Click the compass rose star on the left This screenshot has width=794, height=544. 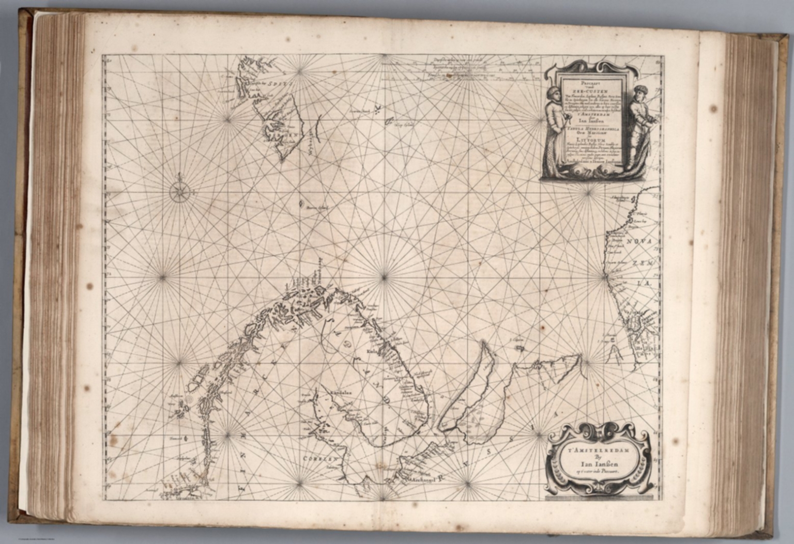(x=179, y=192)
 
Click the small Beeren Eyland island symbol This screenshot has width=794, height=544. (x=301, y=204)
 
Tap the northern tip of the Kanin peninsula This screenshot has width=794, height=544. (x=483, y=343)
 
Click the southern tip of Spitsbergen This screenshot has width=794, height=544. (x=282, y=160)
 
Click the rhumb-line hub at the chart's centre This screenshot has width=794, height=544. (x=383, y=277)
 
